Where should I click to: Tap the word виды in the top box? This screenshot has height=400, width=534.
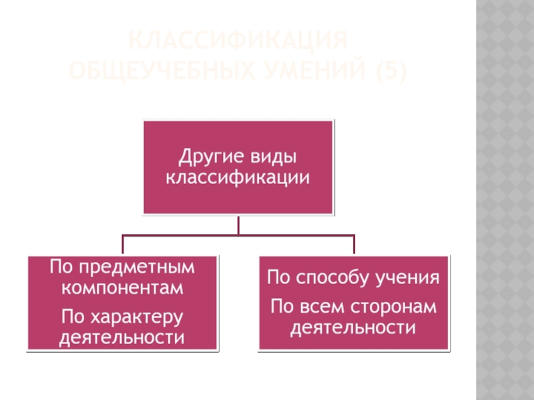[x=272, y=158]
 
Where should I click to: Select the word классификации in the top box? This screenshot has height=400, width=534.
[x=238, y=178]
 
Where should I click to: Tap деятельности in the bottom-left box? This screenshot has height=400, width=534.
[x=121, y=337]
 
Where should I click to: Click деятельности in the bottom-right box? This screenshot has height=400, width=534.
[x=354, y=328]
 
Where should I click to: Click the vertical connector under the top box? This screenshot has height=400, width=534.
[x=238, y=225]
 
